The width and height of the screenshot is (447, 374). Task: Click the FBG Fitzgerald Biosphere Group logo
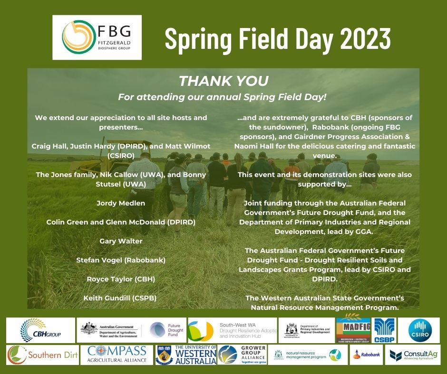click(x=97, y=37)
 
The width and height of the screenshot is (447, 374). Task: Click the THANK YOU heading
click(x=223, y=81)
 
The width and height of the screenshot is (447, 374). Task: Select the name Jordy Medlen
click(x=121, y=203)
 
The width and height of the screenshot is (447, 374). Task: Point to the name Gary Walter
click(x=121, y=241)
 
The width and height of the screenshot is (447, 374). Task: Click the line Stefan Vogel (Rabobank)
click(x=121, y=260)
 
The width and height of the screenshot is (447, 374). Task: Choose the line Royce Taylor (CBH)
click(x=121, y=279)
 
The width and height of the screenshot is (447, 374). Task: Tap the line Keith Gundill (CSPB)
click(x=120, y=298)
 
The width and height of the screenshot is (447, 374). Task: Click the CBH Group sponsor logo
click(x=41, y=330)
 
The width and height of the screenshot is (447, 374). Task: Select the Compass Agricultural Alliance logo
click(x=117, y=355)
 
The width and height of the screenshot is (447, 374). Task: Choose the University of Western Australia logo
click(x=186, y=355)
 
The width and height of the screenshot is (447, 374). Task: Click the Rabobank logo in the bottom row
click(x=366, y=355)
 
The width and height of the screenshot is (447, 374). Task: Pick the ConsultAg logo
click(x=413, y=355)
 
